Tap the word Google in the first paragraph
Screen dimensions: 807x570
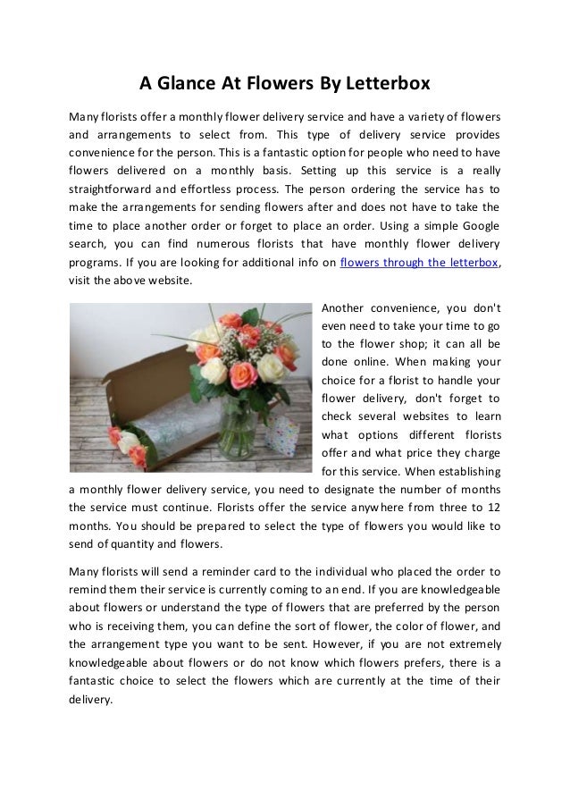477,226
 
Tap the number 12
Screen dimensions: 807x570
490,509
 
